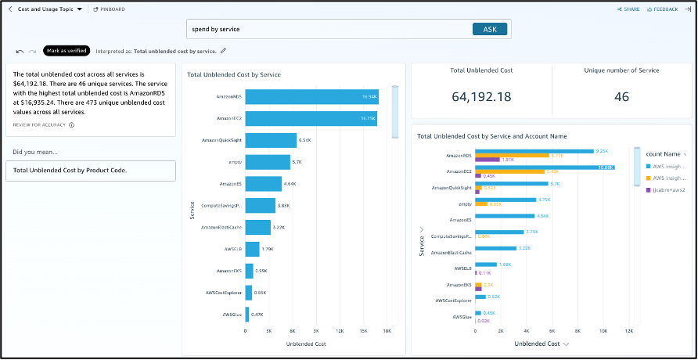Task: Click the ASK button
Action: pyautogui.click(x=490, y=29)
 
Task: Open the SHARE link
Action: pyautogui.click(x=629, y=9)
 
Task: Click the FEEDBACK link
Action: pyautogui.click(x=665, y=9)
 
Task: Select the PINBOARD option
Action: pyautogui.click(x=110, y=9)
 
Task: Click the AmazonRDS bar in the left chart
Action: pyautogui.click(x=312, y=97)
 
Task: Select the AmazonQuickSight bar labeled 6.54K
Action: pyautogui.click(x=271, y=140)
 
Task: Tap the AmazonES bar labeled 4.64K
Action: pyautogui.click(x=263, y=184)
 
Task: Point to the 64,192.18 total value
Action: pyautogui.click(x=481, y=96)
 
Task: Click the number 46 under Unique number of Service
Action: pyautogui.click(x=621, y=96)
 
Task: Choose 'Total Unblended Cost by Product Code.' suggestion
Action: pyautogui.click(x=70, y=170)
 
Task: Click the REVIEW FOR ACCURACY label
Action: pyautogui.click(x=39, y=124)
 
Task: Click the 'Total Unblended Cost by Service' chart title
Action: pyautogui.click(x=234, y=74)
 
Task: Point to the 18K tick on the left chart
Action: pyautogui.click(x=387, y=331)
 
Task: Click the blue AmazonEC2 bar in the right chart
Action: pyautogui.click(x=545, y=167)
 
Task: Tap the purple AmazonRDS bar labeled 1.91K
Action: pyautogui.click(x=487, y=160)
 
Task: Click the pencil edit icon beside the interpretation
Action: pyautogui.click(x=224, y=51)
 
